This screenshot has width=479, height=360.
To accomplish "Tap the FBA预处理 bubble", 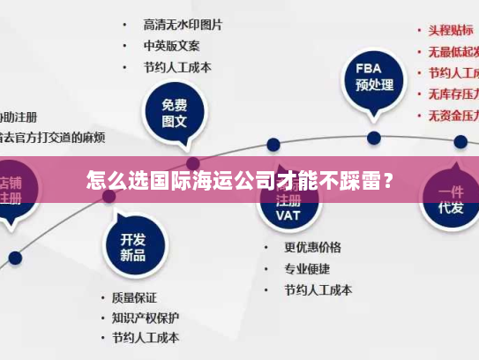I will click(x=374, y=78).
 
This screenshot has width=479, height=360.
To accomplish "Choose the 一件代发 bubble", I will click(x=451, y=200).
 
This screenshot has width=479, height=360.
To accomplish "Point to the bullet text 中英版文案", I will click(x=172, y=45).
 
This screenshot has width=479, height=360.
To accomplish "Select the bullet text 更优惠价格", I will click(x=312, y=247).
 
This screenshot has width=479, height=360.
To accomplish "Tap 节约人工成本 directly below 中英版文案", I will click(x=177, y=67).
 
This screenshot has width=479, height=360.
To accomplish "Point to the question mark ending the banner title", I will click(x=388, y=183).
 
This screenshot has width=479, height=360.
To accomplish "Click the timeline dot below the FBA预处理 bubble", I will click(x=374, y=138).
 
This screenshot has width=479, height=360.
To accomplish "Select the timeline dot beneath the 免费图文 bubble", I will click(x=193, y=163).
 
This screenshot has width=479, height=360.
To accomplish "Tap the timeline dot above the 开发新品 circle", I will click(x=109, y=196).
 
